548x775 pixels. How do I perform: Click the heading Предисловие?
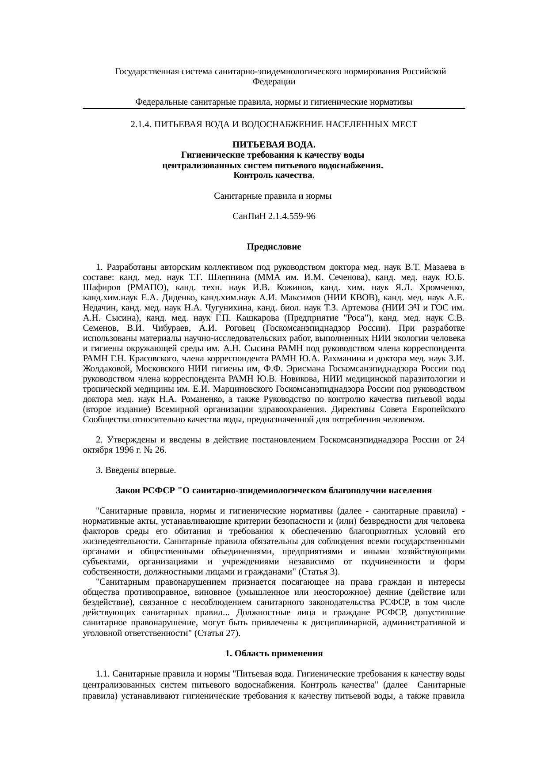click(274, 247)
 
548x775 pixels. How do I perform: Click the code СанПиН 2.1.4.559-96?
click(274, 216)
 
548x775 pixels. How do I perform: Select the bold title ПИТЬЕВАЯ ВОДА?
click(274, 145)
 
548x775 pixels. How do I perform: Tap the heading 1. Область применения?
click(274, 654)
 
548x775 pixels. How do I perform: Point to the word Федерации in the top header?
click(274, 82)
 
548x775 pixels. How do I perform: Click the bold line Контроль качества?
click(274, 176)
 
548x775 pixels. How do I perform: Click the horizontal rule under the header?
click(274, 109)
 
